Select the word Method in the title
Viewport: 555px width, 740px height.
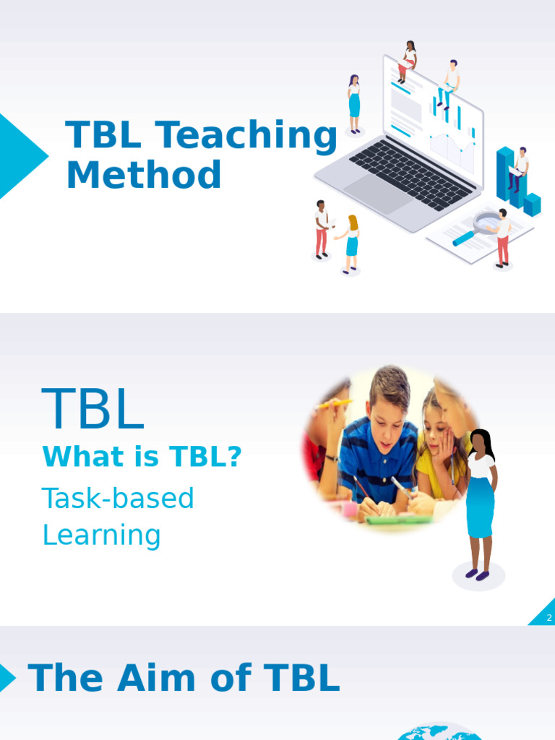coord(144,176)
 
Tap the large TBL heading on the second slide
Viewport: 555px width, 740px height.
coord(93,410)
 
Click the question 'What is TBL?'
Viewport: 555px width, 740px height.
coord(142,457)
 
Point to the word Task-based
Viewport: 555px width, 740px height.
coord(118,498)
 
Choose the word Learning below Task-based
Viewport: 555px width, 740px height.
coord(101,535)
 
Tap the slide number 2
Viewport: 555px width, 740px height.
coord(549,618)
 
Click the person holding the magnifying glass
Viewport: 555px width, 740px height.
coord(502,237)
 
